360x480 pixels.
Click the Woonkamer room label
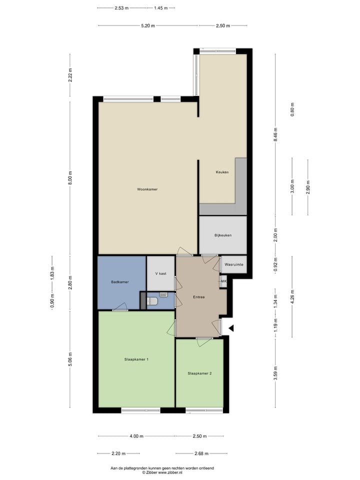147,189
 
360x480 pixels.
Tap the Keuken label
222,172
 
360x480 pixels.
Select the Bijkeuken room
223,235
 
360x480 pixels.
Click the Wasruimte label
234,264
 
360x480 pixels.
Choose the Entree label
199,297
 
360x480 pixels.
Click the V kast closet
160,274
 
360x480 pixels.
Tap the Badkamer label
120,282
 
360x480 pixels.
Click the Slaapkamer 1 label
136,359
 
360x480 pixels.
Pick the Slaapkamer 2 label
199,373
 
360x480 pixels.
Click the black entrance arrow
231,328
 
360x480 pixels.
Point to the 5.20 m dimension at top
148,25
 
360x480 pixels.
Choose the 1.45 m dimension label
161,8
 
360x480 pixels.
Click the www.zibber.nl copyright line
162,472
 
